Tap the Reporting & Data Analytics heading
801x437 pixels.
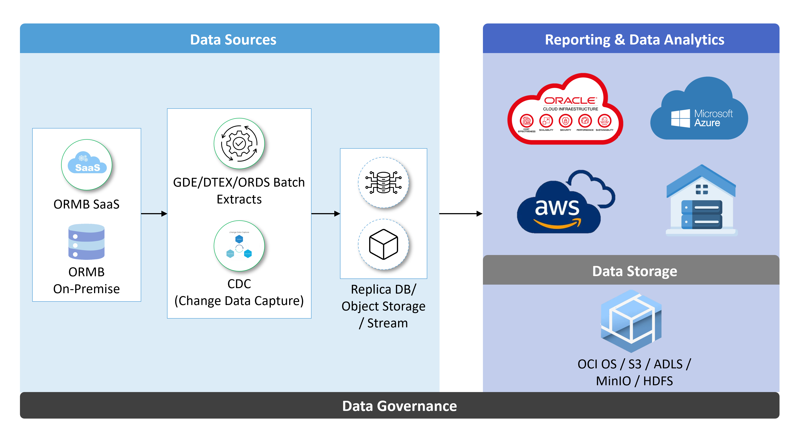pos(634,40)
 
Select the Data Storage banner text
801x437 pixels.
pos(634,271)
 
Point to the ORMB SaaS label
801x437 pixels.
pos(86,204)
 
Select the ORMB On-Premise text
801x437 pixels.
pos(86,280)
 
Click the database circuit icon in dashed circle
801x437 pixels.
pos(383,183)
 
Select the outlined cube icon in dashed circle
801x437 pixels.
pos(383,244)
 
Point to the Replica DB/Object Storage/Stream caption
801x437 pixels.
pos(383,306)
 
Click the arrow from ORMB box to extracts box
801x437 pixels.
pos(154,214)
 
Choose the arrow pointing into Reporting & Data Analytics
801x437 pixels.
pos(460,214)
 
